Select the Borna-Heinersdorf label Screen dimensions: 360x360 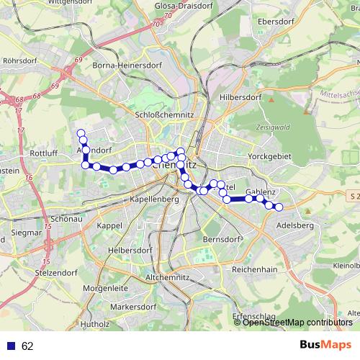[127, 65]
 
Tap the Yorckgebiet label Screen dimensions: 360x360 [271, 156]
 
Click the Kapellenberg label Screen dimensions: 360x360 [150, 199]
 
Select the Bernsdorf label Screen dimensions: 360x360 [220, 239]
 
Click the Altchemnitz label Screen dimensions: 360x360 [168, 277]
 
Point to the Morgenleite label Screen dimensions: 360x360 [104, 288]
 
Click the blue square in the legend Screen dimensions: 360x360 [12, 346]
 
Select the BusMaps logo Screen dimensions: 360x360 [326, 344]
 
